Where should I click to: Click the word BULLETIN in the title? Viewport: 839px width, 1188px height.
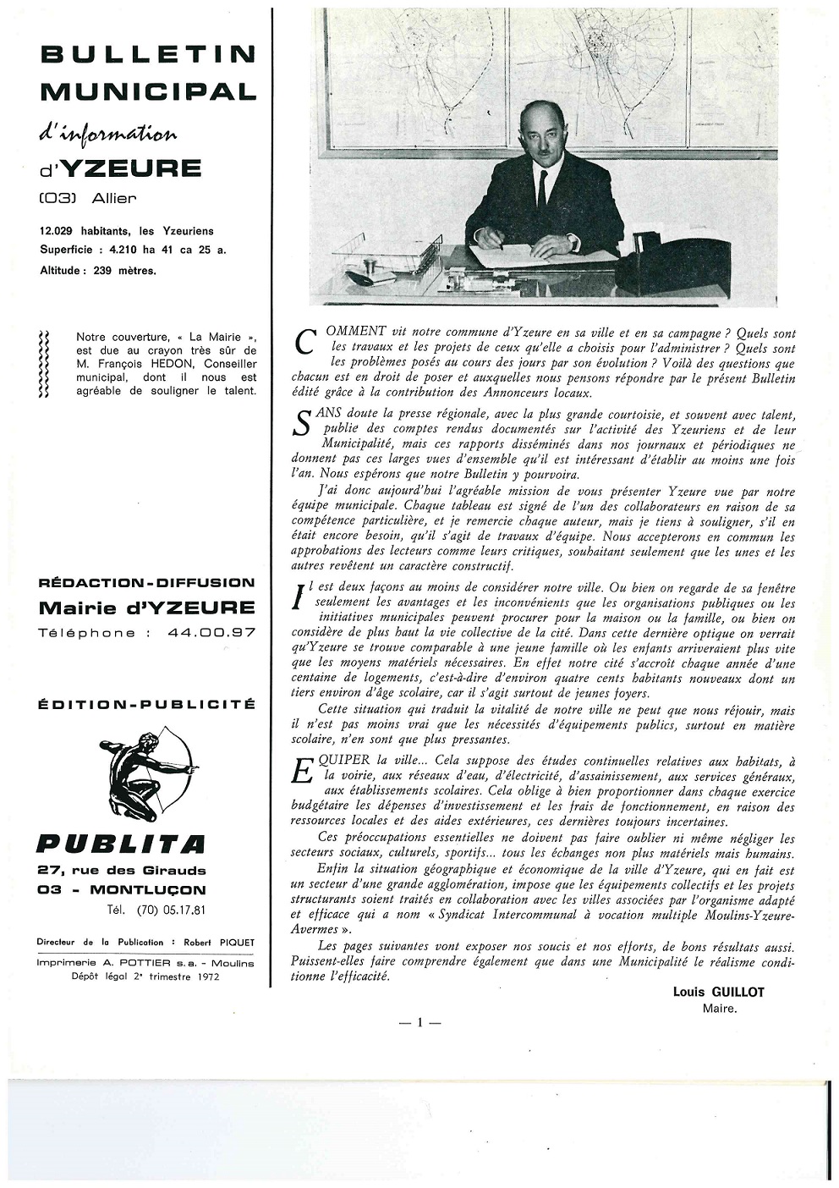148,54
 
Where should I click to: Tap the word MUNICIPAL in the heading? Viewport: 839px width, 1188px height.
148,91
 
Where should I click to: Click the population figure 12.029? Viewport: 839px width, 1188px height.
58,230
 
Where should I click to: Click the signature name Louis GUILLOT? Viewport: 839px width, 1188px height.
718,992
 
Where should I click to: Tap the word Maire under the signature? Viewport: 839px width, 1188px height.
719,1008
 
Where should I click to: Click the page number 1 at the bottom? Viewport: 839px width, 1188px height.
419,1022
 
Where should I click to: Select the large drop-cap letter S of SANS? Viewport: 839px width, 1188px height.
302,423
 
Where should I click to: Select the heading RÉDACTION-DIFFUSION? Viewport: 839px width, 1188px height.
147,582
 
